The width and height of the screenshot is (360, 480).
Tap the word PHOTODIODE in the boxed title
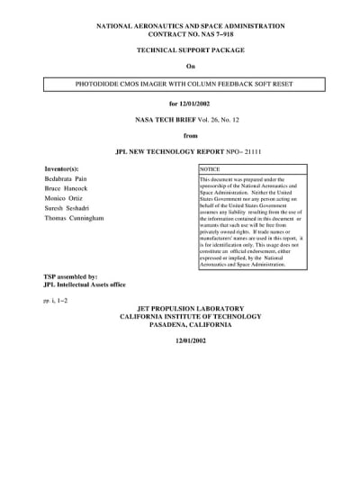click(x=106, y=85)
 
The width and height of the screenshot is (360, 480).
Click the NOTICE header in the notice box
click(x=210, y=168)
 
